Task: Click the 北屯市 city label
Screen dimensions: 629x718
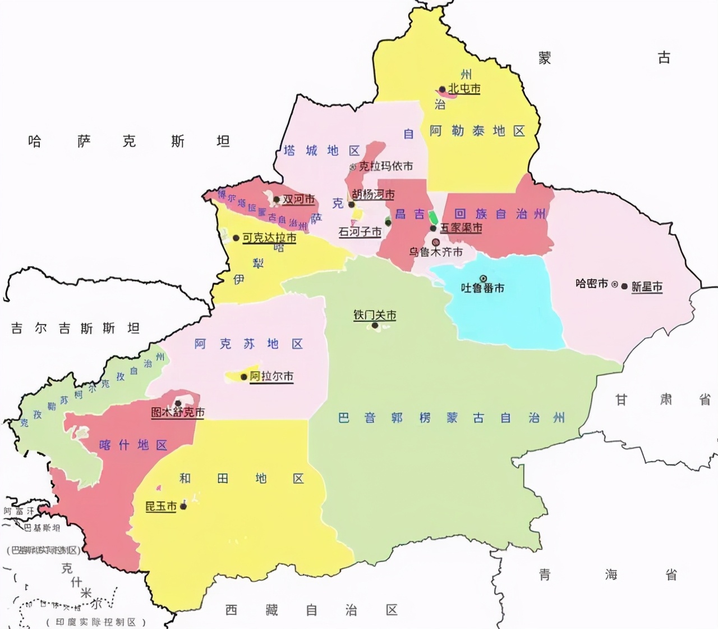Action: click(x=464, y=89)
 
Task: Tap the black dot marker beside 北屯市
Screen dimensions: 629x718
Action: click(x=442, y=89)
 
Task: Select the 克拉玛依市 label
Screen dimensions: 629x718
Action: click(x=386, y=166)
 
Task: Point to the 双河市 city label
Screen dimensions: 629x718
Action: click(x=298, y=199)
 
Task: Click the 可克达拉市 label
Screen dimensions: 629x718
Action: click(x=269, y=238)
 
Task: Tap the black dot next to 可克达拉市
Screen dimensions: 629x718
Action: click(x=236, y=238)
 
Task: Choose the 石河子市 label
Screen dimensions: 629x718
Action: click(x=360, y=232)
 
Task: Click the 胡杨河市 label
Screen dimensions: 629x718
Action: click(x=374, y=194)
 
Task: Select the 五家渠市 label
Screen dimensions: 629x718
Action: click(x=461, y=228)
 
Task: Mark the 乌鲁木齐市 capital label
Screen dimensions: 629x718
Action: click(x=436, y=252)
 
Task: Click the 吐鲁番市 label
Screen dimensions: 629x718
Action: click(x=482, y=288)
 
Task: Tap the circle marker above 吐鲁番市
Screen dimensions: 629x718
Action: click(x=483, y=278)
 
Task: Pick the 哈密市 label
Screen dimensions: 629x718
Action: click(x=592, y=284)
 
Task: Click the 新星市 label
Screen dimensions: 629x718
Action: click(x=647, y=286)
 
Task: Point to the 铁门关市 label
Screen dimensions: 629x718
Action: click(x=375, y=315)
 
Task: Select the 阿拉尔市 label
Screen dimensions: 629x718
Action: click(x=271, y=376)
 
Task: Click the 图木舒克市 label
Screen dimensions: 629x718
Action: click(x=178, y=412)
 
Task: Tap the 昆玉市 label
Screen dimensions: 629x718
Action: click(x=161, y=507)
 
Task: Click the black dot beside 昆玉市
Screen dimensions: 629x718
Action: click(x=183, y=507)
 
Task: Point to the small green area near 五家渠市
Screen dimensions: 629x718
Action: click(x=433, y=217)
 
